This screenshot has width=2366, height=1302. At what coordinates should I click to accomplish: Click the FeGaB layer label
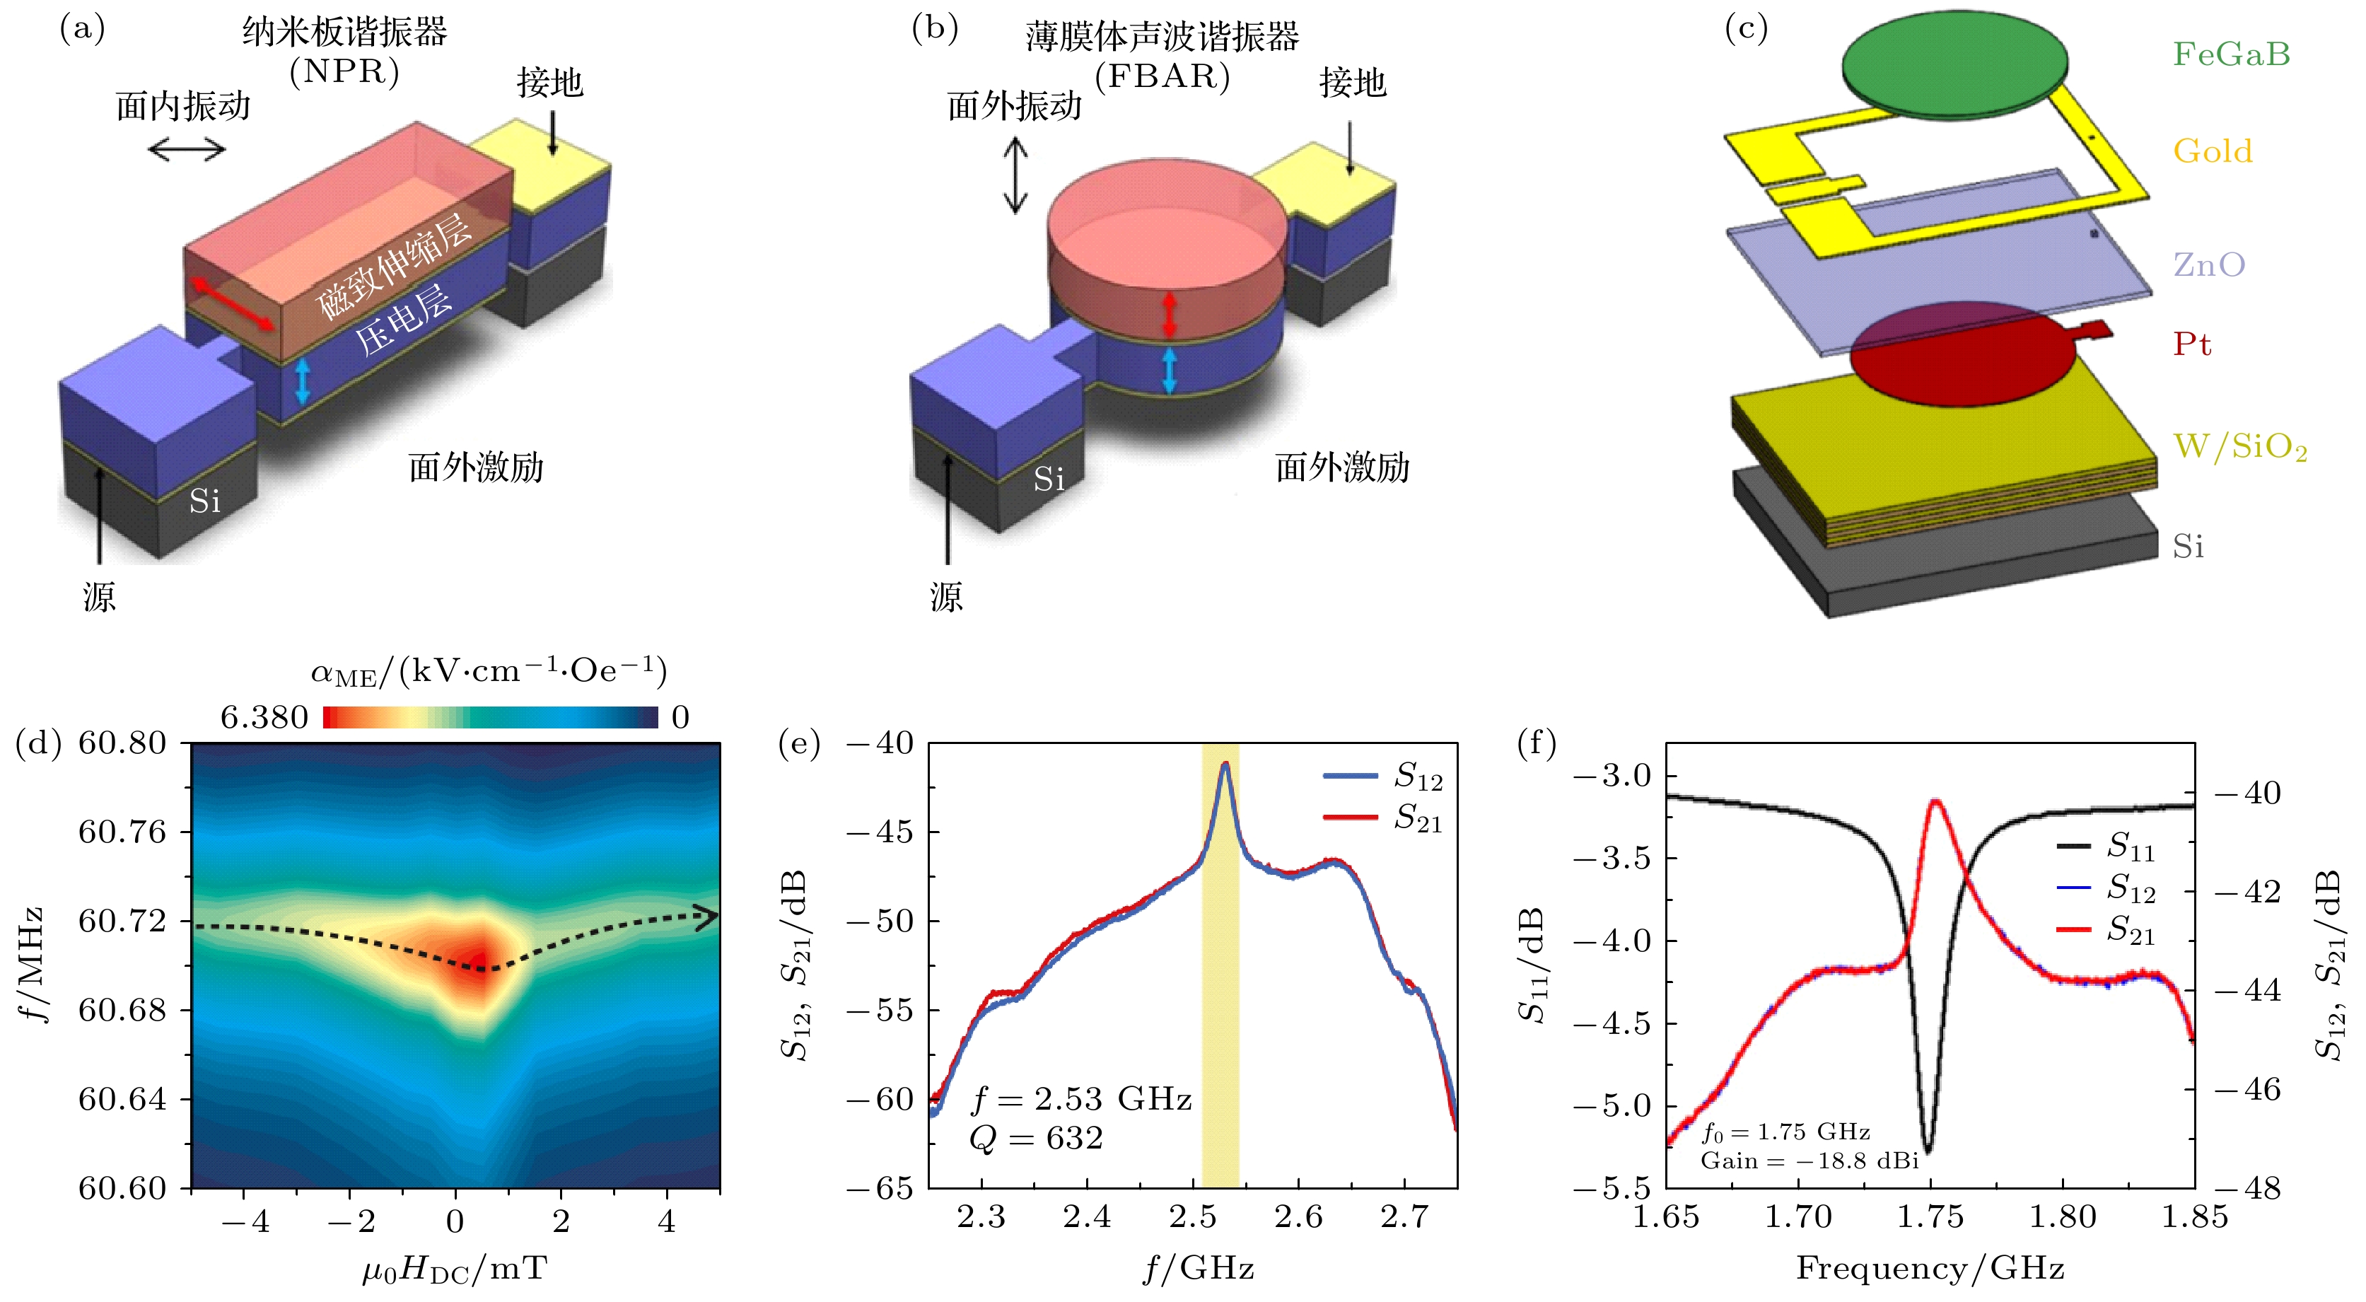pyautogui.click(x=2231, y=54)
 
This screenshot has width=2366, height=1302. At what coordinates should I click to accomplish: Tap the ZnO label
pyautogui.click(x=2209, y=265)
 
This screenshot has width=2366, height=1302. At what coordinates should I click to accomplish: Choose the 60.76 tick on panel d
pyautogui.click(x=122, y=832)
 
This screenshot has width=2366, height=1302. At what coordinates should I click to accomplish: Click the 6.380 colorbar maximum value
pyautogui.click(x=264, y=718)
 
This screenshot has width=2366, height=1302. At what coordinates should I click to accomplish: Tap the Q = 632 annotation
pyautogui.click(x=1036, y=1139)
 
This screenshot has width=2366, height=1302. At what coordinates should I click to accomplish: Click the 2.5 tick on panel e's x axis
pyautogui.click(x=1193, y=1219)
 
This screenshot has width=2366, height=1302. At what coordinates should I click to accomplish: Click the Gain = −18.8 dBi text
pyautogui.click(x=1810, y=1161)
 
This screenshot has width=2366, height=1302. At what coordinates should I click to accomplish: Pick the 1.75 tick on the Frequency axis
pyautogui.click(x=1930, y=1219)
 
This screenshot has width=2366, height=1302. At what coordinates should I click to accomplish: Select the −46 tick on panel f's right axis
pyautogui.click(x=2246, y=1090)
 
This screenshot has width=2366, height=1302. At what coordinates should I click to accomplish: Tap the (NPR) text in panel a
pyautogui.click(x=344, y=71)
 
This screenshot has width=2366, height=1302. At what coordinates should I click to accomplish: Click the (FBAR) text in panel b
pyautogui.click(x=1162, y=76)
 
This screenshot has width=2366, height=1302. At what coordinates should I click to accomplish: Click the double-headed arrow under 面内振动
pyautogui.click(x=187, y=149)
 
